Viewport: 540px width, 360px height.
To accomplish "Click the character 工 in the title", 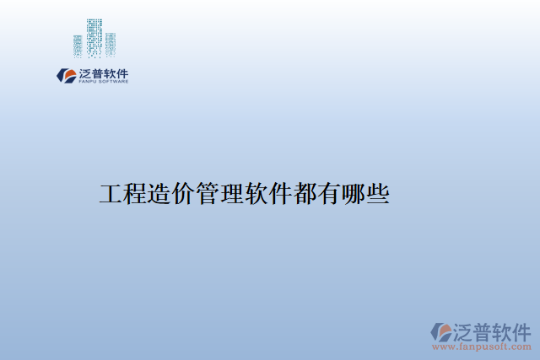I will click(111, 195).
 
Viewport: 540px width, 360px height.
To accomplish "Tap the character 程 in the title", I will click(135, 195).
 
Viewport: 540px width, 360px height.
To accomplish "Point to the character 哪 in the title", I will click(354, 195).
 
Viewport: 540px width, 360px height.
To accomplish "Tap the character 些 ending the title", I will click(378, 195).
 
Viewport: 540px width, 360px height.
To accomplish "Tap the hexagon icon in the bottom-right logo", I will click(441, 331).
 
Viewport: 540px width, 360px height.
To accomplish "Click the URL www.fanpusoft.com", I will click(482, 347).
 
